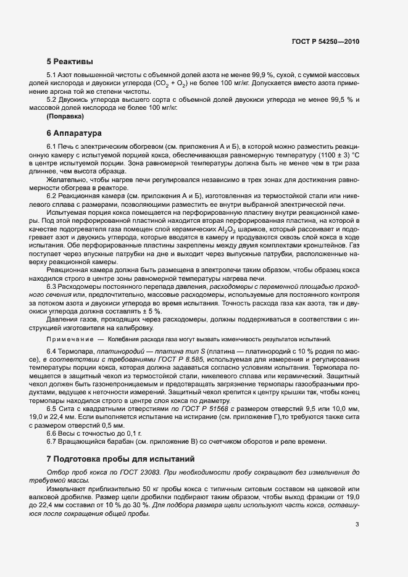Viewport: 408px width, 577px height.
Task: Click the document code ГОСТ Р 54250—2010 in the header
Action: pyautogui.click(x=325, y=41)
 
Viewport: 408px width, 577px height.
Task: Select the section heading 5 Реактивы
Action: pyautogui.click(x=70, y=62)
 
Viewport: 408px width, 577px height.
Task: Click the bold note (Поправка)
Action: pyautogui.click(x=65, y=116)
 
